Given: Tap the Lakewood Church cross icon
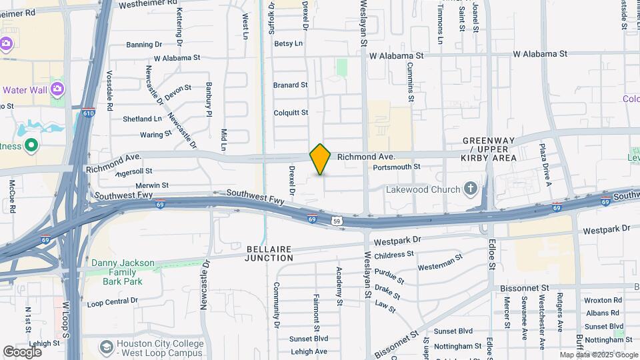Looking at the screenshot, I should tap(471, 189).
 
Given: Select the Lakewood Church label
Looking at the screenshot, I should tap(423, 189).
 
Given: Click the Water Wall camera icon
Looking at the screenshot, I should tap(57, 89).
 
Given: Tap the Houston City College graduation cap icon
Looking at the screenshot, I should tap(106, 347).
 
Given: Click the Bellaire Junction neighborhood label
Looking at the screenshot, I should tap(269, 253).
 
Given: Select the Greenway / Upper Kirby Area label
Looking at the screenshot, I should tap(489, 149).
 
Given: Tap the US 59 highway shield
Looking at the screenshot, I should tap(338, 221).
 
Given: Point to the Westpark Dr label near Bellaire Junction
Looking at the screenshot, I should tap(398, 239).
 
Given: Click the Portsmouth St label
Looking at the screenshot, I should tap(397, 167).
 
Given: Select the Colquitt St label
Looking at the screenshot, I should tap(291, 113).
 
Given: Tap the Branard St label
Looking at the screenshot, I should tap(290, 85).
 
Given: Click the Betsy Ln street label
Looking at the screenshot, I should tap(288, 43).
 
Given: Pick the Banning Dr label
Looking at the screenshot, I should tap(144, 45).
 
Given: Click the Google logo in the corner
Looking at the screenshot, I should tap(22, 351).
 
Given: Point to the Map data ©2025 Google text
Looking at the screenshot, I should tap(598, 355).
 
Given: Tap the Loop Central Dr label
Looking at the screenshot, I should tap(112, 301).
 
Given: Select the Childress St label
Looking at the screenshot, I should tap(394, 255).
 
